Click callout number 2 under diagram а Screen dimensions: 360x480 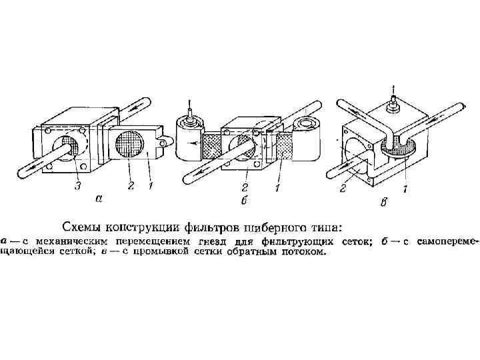pos(131,185)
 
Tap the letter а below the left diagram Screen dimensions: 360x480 pos(99,198)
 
